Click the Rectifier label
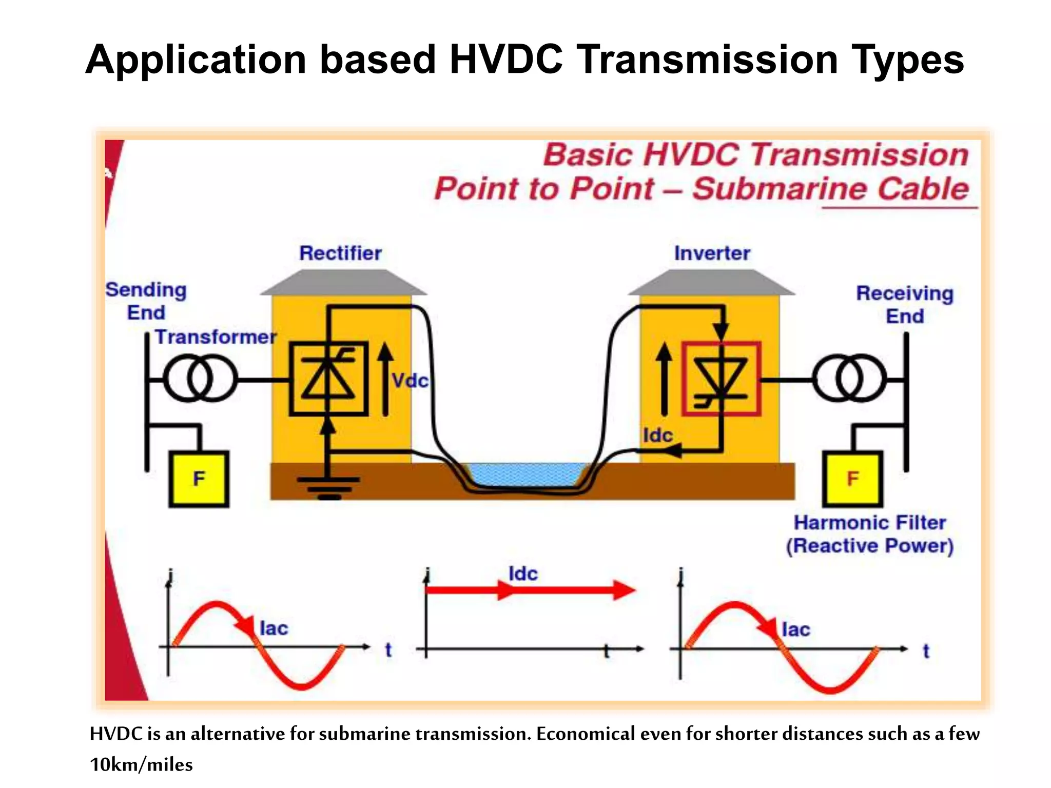tap(340, 253)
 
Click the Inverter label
tap(712, 253)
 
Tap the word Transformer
tap(216, 337)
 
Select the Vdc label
tap(410, 381)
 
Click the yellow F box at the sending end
tap(199, 479)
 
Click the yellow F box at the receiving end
tap(852, 479)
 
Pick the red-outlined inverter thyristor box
tap(721, 379)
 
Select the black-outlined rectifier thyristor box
tap(329, 379)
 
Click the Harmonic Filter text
tap(870, 523)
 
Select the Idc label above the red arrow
tap(523, 574)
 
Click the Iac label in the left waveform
tap(274, 628)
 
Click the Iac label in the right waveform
tap(795, 629)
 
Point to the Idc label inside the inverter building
tap(657, 436)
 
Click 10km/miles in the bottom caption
tap(141, 765)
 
